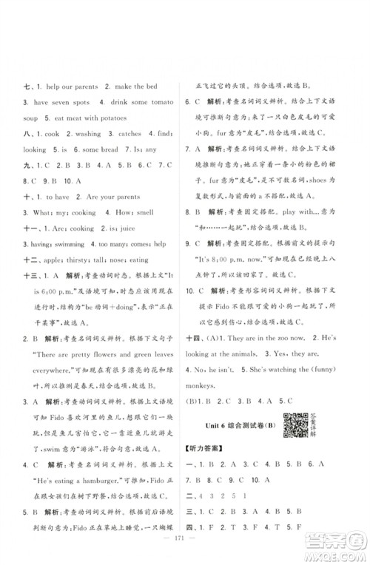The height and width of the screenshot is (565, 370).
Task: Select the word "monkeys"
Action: click(214, 406)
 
